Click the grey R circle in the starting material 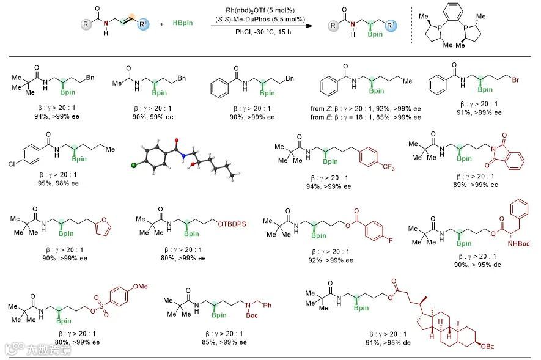[x=87, y=25]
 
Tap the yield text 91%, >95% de [x=396, y=342]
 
